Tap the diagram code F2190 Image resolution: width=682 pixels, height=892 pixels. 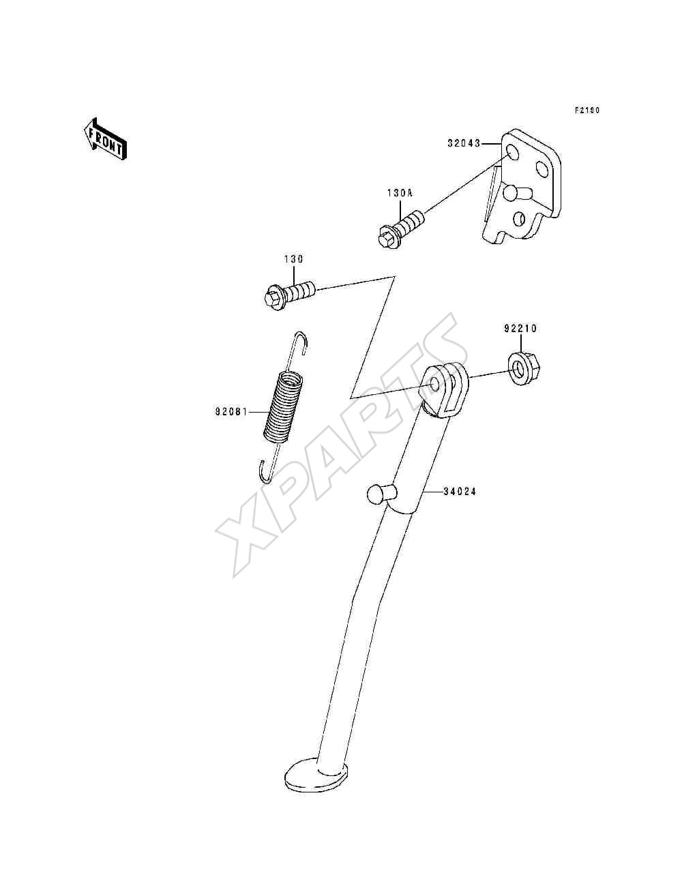click(x=587, y=110)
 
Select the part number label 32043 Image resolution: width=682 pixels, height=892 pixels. click(x=464, y=143)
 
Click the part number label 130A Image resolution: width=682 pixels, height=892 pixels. click(x=399, y=193)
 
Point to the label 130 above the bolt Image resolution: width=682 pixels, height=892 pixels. click(x=293, y=259)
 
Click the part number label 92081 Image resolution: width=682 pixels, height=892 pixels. click(x=231, y=412)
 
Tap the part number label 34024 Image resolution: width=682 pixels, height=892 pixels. click(x=459, y=491)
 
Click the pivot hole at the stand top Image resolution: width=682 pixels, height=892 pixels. click(x=435, y=383)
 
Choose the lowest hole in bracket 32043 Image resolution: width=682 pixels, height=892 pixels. click(x=520, y=219)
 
